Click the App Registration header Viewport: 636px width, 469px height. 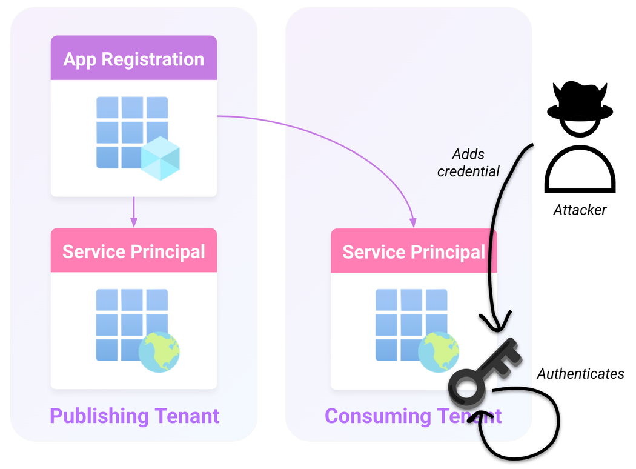pyautogui.click(x=133, y=59)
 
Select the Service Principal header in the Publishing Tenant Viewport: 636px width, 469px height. pyautogui.click(x=133, y=251)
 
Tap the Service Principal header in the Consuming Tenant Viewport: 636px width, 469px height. pyautogui.click(x=414, y=251)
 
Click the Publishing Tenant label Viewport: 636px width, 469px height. pyautogui.click(x=134, y=416)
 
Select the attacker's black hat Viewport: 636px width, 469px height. pyautogui.click(x=580, y=104)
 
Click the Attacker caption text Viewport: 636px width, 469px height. pyautogui.click(x=580, y=210)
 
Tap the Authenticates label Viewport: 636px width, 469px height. pyautogui.click(x=580, y=374)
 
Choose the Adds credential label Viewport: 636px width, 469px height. pyautogui.click(x=468, y=163)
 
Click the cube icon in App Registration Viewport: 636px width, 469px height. pyautogui.click(x=161, y=158)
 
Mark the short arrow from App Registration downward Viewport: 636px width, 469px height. pyautogui.click(x=134, y=212)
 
